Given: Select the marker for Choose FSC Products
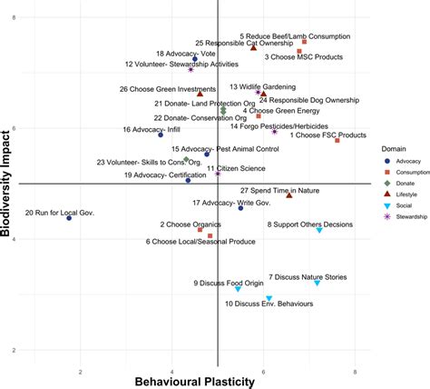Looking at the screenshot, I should (337, 140).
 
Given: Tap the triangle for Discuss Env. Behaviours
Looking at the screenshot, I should (269, 298).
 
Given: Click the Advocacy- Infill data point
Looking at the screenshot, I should (161, 135).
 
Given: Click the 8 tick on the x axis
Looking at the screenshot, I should (356, 371).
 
